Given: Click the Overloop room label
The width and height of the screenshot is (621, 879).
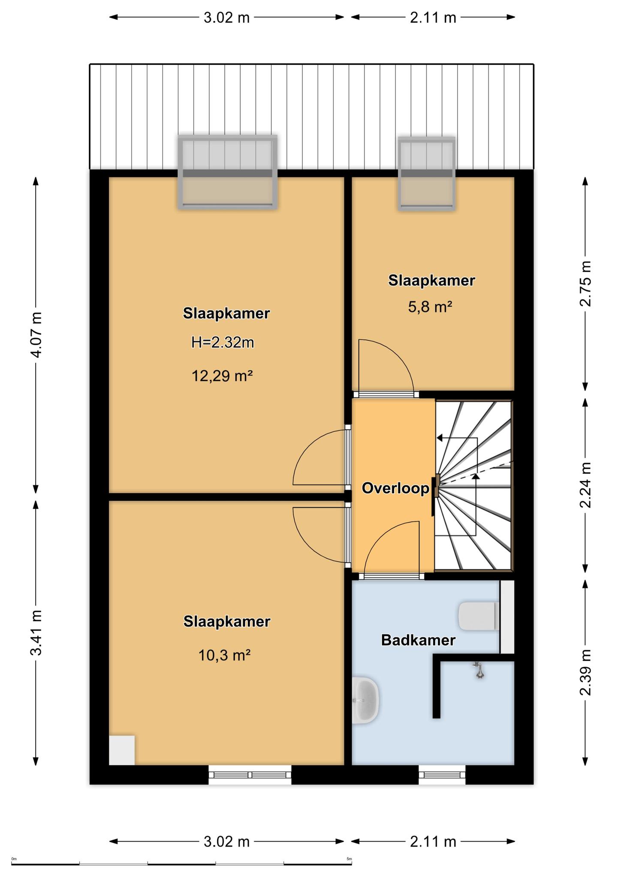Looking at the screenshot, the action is point(395,488).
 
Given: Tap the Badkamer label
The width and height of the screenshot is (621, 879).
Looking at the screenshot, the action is point(418,640).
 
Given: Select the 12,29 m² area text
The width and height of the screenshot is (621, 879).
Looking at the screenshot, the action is point(222,376).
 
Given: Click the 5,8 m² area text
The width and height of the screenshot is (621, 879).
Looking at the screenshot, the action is point(430,307).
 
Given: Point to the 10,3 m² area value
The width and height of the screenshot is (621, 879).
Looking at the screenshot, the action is point(224,655).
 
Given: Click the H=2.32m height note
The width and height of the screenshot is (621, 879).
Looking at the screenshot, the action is point(223,343).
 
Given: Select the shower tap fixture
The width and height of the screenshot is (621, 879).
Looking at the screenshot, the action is point(479,670).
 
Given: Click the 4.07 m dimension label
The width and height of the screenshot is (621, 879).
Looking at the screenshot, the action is point(37,335).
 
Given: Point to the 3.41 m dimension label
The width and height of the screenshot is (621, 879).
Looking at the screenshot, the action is point(37,633).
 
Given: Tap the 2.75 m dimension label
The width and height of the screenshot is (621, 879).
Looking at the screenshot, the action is point(585,284).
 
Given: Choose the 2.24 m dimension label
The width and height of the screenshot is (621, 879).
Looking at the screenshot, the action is point(585,485).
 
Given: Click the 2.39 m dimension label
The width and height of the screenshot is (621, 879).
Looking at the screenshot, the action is point(585,673).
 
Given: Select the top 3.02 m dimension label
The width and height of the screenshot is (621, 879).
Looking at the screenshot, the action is point(226,18).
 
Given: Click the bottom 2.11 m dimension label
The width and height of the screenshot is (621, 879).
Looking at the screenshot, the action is point(433,842).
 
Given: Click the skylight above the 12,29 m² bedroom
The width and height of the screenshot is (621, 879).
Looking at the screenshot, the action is point(228,172).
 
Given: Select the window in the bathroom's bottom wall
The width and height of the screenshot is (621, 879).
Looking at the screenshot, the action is point(442,775).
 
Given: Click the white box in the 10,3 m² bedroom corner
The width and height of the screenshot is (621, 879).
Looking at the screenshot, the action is point(122,750).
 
